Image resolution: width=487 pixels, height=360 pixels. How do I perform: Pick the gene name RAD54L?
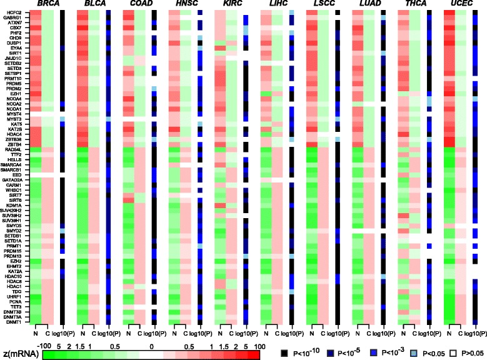click(13, 149)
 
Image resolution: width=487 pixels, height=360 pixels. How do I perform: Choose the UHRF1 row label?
click(14, 296)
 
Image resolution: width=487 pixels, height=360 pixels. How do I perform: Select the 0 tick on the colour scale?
click(152, 344)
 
